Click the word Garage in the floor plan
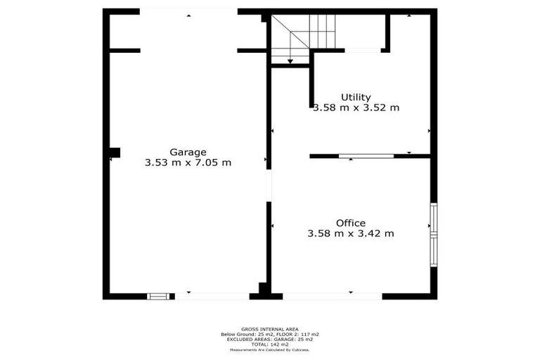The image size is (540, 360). (x=188, y=152)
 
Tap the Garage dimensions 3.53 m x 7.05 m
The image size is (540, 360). (x=188, y=162)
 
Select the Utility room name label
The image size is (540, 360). (x=356, y=97)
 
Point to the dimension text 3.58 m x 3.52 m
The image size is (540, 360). (x=356, y=108)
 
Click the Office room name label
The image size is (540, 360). (x=350, y=223)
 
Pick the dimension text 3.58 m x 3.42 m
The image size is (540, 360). (x=350, y=233)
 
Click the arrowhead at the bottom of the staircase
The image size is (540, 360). (x=290, y=62)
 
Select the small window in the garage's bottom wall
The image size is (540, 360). (x=159, y=296)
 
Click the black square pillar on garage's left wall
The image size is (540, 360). (x=115, y=152)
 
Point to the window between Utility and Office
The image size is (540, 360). (x=366, y=156)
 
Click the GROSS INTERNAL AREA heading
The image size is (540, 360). (x=270, y=329)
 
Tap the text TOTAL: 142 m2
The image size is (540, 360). (x=270, y=344)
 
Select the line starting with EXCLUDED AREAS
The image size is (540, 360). (x=270, y=339)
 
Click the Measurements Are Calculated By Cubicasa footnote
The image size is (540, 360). (x=270, y=349)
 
